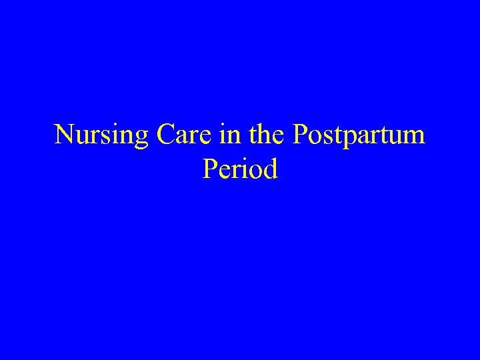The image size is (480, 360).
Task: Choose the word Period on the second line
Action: [x=239, y=169]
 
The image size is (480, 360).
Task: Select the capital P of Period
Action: [x=208, y=169]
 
